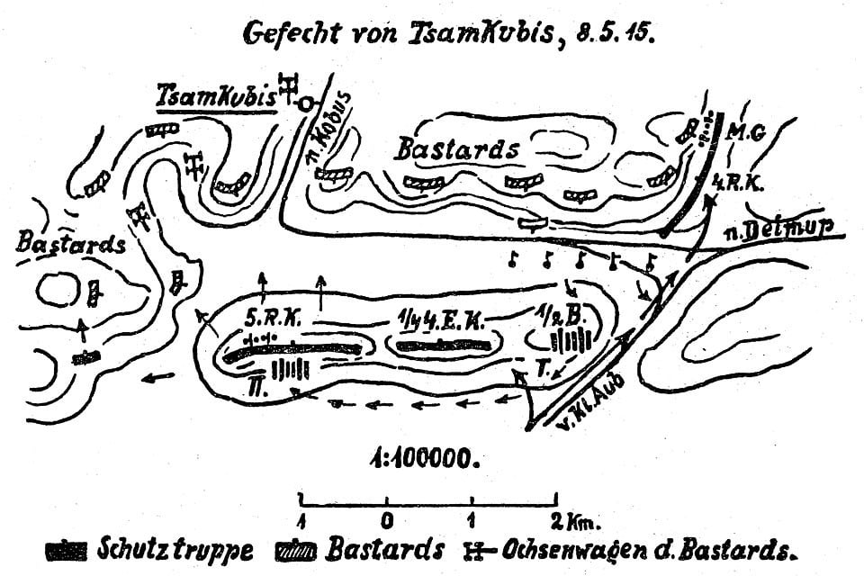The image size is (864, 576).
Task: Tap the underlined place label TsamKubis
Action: pos(216,94)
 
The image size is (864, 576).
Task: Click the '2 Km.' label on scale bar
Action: pos(574,519)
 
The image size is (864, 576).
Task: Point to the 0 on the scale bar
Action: pos(387,519)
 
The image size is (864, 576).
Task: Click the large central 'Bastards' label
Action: pos(456,149)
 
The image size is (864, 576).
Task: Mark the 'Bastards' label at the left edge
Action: pos(70,243)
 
